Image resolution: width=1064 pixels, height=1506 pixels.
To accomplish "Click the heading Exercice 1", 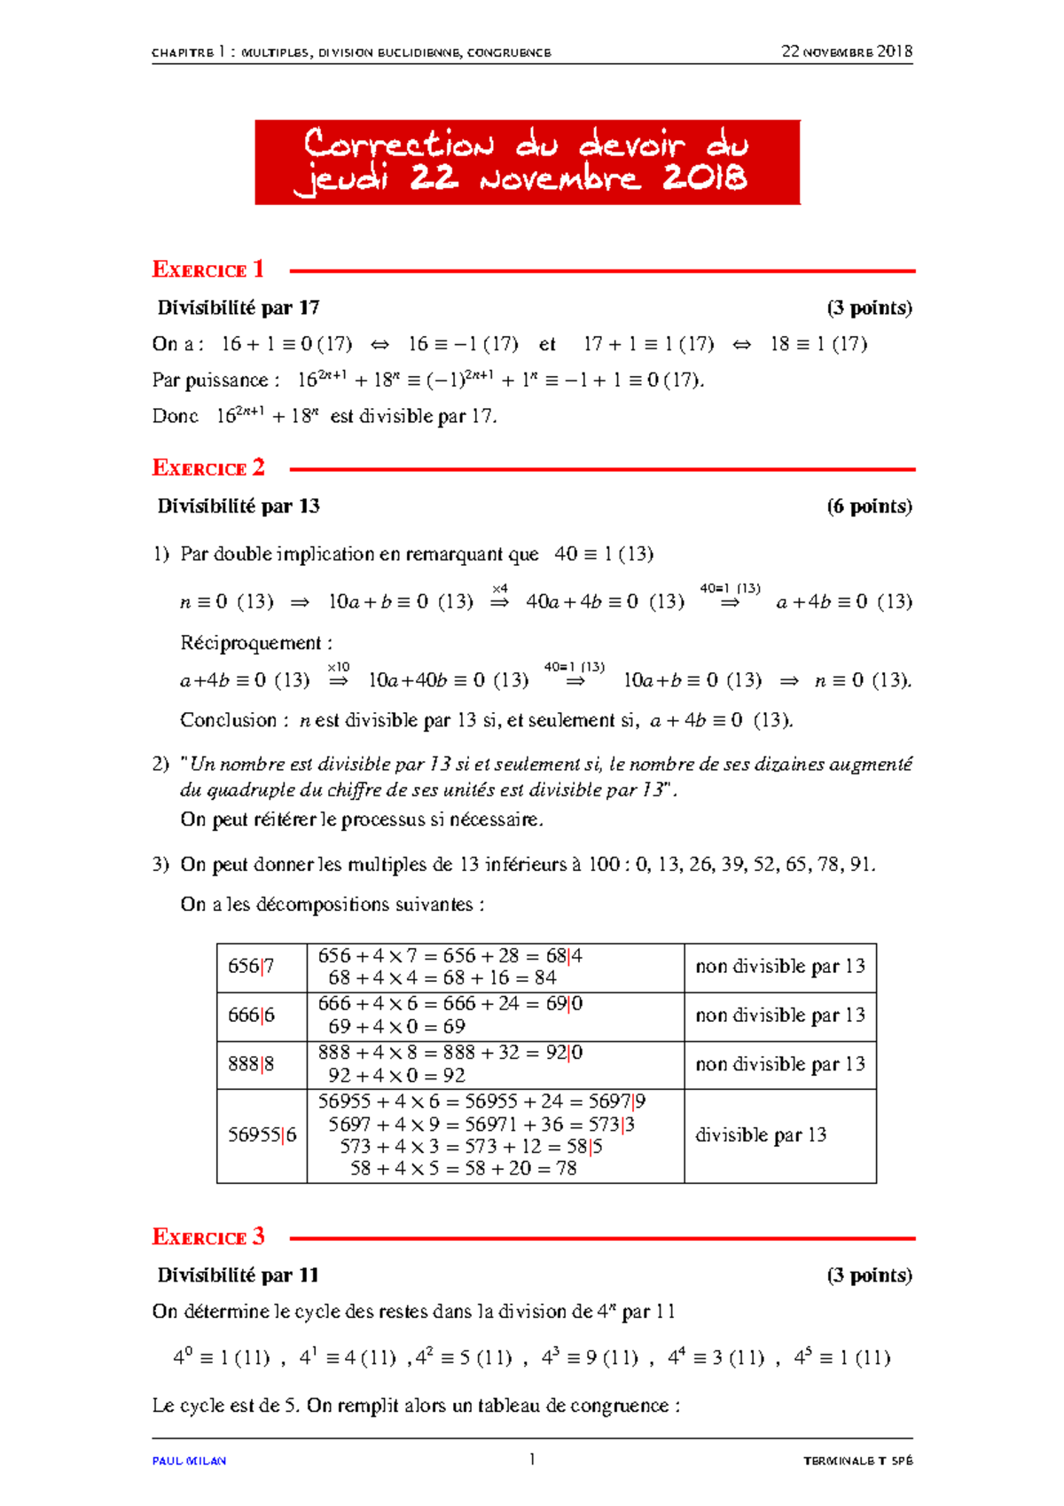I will (207, 270).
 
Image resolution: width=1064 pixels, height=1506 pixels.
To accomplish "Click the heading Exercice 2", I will (207, 467).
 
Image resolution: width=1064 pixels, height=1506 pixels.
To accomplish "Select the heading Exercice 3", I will (207, 1236).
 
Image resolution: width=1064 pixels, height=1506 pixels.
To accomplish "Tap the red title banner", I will (528, 162).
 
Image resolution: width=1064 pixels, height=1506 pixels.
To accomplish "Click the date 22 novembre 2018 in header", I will (846, 51).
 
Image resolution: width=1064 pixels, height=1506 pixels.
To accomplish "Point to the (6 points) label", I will (869, 506).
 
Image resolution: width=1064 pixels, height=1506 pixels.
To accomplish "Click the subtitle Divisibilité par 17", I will (238, 308).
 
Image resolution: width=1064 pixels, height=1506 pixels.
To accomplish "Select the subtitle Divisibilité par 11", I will (238, 1275).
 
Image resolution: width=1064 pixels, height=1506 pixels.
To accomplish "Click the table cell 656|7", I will (251, 967).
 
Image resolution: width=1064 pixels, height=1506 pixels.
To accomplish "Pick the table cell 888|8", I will (251, 1063).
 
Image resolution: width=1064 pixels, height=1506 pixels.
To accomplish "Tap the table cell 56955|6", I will (262, 1135).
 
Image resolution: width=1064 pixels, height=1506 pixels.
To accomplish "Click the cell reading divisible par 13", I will (761, 1135).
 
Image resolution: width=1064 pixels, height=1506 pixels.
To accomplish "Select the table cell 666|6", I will (251, 1016).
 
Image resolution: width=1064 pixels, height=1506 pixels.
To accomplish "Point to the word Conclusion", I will (229, 720).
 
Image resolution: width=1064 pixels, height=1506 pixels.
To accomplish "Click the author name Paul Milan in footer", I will (189, 1461).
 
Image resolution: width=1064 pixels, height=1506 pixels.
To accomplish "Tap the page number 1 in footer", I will (532, 1459).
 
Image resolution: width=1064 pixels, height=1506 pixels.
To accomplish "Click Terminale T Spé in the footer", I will (857, 1461).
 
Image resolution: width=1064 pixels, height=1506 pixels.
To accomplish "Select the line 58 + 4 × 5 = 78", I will (463, 1169).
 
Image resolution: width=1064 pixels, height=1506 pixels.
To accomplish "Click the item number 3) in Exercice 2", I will (160, 865).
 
